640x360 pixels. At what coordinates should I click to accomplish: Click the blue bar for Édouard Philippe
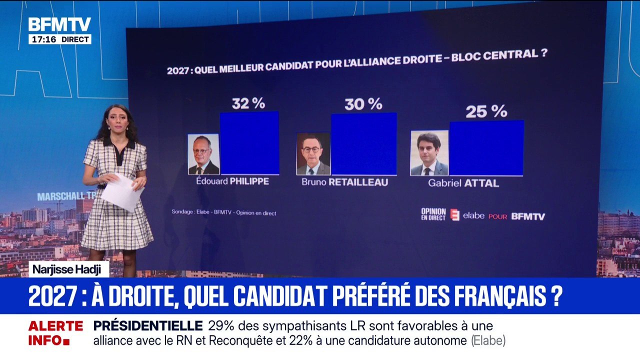[x=249, y=143]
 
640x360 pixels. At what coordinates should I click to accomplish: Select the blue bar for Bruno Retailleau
[x=363, y=144]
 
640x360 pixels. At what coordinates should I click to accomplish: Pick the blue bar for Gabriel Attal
[x=486, y=148]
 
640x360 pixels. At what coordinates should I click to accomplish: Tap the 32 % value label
[x=248, y=103]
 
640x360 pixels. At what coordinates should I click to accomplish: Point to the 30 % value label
[x=363, y=104]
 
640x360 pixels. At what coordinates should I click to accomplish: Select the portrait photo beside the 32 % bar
[x=203, y=154]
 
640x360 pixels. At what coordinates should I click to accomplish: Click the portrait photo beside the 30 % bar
[x=313, y=153]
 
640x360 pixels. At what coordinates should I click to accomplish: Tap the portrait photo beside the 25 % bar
[x=429, y=153]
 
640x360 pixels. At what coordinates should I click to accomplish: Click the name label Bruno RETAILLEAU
[x=344, y=182]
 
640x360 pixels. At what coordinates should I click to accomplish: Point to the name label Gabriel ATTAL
[x=463, y=183]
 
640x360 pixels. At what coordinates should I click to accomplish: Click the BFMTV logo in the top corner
[x=59, y=24]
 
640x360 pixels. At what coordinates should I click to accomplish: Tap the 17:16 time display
[x=43, y=39]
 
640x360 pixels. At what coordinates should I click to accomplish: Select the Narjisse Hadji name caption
[x=68, y=269]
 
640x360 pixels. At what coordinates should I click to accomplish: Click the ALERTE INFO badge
[x=55, y=333]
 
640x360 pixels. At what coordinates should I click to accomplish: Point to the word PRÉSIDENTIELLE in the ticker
[x=147, y=326]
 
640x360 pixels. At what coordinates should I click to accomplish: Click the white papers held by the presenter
[x=122, y=191]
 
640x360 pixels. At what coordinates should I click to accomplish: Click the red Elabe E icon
[x=454, y=215]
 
